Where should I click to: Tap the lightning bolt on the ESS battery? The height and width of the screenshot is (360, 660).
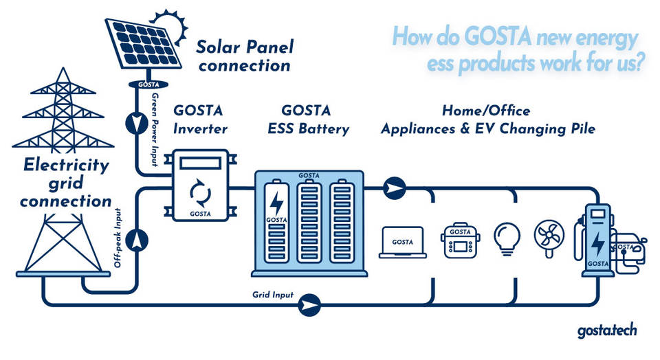[x=276, y=203]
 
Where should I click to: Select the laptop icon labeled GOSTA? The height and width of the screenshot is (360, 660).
[x=403, y=242]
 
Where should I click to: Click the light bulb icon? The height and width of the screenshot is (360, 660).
[x=507, y=238]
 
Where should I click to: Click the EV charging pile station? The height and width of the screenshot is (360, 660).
[x=597, y=240]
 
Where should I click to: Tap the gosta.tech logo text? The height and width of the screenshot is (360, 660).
[x=607, y=330]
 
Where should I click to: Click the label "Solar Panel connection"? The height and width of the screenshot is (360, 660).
[x=244, y=56]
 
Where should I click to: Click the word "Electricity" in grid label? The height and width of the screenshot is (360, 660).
[x=66, y=166]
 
